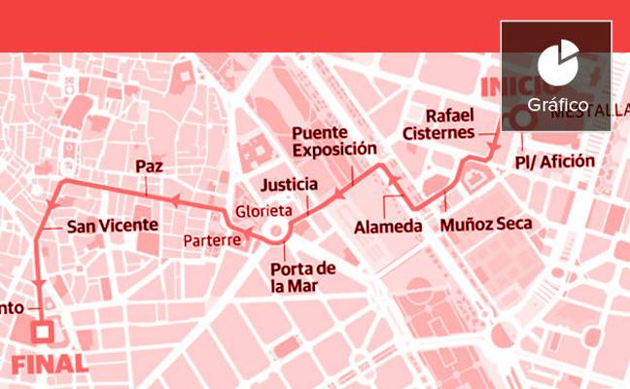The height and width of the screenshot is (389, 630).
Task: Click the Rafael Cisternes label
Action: [451, 124]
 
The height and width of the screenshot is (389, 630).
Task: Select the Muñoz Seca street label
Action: [485, 225]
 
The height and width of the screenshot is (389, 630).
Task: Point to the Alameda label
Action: [389, 227]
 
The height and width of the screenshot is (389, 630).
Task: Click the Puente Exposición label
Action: [333, 141]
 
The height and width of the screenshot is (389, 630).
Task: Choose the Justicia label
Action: [290, 184]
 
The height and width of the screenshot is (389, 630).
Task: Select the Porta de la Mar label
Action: [302, 277]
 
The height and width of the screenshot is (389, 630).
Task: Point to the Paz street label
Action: [148, 166]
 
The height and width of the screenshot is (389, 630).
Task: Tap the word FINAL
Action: [50, 366]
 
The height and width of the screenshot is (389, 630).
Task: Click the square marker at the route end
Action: [42, 333]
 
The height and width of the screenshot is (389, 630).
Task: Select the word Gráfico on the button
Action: [558, 104]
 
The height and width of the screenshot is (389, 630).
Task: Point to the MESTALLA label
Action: [588, 112]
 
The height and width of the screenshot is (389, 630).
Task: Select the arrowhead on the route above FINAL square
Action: [40, 282]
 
